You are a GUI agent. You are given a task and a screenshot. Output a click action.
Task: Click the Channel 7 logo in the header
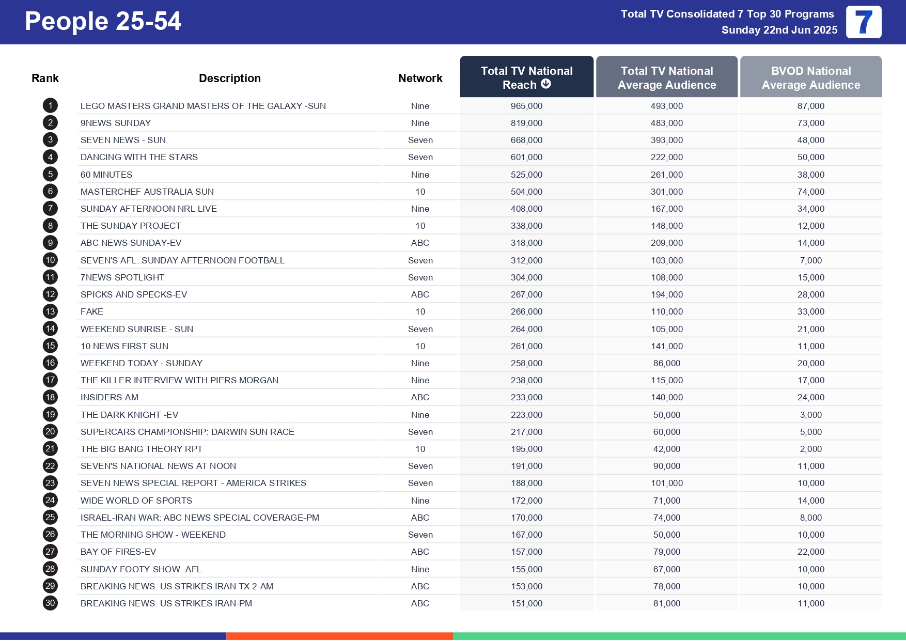click(863, 22)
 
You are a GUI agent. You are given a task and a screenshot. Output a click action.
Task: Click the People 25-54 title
click(103, 22)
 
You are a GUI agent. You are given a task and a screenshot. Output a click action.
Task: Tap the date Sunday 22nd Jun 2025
click(779, 30)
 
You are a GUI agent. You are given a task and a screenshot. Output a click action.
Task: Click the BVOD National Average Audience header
click(810, 77)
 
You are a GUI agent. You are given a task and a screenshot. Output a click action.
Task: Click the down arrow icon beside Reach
click(546, 84)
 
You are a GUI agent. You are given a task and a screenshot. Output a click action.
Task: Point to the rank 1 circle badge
click(50, 106)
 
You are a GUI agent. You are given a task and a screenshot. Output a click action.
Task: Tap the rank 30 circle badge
click(50, 603)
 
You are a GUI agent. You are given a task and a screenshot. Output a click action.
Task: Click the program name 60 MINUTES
click(106, 175)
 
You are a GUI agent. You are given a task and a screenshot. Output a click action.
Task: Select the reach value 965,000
click(526, 106)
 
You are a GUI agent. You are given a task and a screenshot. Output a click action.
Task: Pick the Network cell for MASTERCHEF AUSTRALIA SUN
click(420, 192)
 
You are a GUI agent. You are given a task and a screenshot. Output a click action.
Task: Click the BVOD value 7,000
click(810, 260)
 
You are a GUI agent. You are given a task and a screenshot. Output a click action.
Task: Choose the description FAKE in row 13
click(92, 311)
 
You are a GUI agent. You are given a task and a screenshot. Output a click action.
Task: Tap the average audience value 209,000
click(666, 243)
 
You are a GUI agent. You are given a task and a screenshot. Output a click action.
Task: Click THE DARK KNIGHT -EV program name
click(129, 415)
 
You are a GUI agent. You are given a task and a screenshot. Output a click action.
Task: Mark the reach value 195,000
click(526, 449)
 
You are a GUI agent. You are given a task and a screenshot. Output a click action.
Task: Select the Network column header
click(420, 79)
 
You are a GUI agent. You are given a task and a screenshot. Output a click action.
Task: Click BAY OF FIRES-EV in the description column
click(118, 552)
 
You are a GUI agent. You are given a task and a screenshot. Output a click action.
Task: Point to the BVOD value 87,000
click(810, 106)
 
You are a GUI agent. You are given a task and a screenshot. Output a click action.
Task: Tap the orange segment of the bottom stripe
click(339, 636)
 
